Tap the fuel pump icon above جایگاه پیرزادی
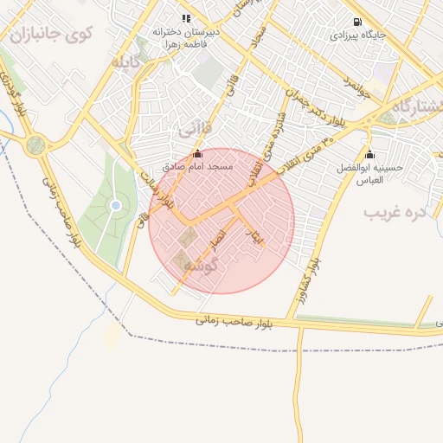pyautogui.click(x=357, y=22)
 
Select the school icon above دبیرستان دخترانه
pyautogui.click(x=185, y=18)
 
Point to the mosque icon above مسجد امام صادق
pyautogui.click(x=196, y=153)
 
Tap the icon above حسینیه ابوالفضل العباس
pyautogui.click(x=369, y=155)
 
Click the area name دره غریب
pyautogui.click(x=396, y=211)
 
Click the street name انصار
pyautogui.click(x=218, y=239)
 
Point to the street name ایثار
pyautogui.click(x=254, y=236)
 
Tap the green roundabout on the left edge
pyautogui.click(x=35, y=145)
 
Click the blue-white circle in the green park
pyautogui.click(x=115, y=205)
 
